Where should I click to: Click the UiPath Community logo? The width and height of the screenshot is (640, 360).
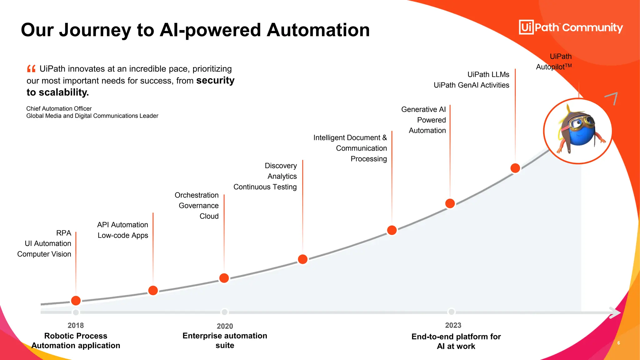click(571, 27)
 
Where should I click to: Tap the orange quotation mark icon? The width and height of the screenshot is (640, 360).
click(31, 68)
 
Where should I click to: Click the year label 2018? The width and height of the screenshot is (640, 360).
click(76, 325)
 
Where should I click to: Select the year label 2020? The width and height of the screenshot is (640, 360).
click(225, 326)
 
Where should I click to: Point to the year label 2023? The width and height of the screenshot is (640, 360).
click(453, 325)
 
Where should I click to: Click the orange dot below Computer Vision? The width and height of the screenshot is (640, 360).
click(76, 301)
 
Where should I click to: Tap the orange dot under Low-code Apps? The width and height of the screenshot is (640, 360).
click(153, 290)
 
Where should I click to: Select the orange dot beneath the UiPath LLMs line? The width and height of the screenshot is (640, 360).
click(515, 168)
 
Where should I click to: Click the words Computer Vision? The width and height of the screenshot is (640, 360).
click(44, 254)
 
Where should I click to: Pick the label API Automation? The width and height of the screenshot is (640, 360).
click(122, 225)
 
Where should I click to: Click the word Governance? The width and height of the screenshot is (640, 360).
click(198, 206)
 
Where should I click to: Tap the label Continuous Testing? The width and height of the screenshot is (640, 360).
click(265, 187)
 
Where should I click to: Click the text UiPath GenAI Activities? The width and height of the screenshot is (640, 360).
click(471, 85)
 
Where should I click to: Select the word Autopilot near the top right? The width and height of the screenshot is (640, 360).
click(550, 67)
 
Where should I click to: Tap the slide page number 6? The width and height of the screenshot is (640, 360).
click(618, 343)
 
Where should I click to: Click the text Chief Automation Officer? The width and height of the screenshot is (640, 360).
click(59, 108)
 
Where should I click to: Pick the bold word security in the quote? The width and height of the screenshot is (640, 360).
click(215, 80)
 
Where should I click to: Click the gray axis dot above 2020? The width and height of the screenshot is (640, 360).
click(224, 312)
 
